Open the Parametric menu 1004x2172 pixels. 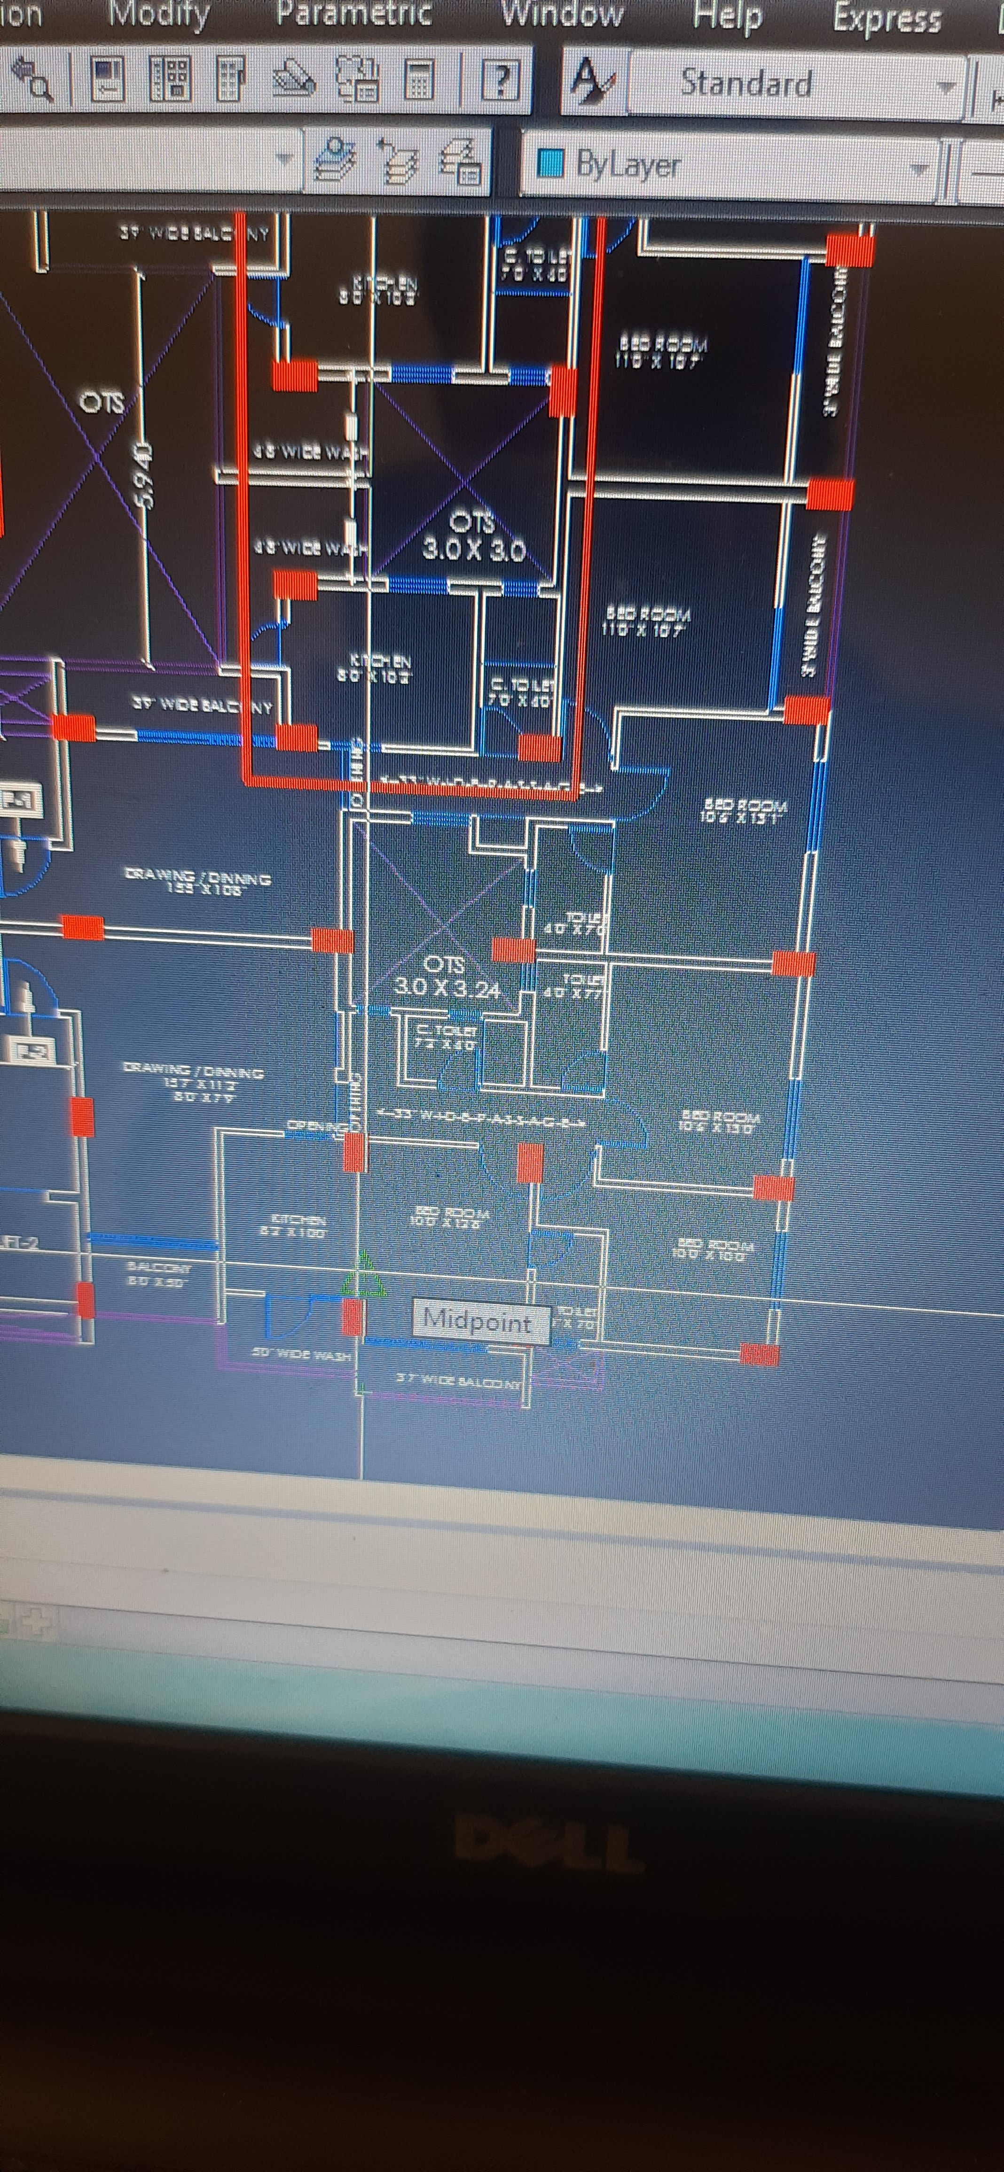click(x=354, y=13)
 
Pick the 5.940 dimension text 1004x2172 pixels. click(x=145, y=476)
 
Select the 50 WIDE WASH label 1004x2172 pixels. click(x=301, y=1354)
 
